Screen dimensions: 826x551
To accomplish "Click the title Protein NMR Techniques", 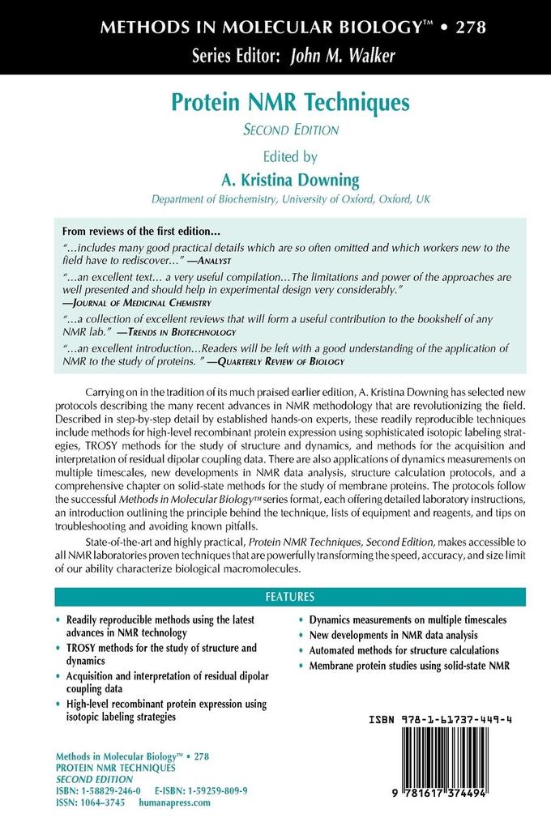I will [290, 104].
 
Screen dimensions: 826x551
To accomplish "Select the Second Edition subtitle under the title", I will [291, 128].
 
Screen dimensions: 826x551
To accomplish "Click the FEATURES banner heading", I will [290, 597].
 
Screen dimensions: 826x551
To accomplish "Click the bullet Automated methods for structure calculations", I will [404, 650].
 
